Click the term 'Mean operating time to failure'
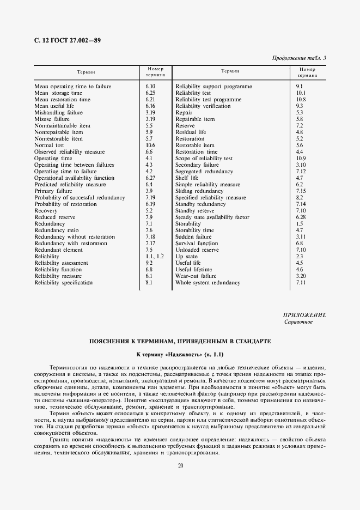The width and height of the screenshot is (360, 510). click(72, 87)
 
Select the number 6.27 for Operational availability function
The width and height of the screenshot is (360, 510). click(151, 178)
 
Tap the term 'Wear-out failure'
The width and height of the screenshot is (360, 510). click(196, 276)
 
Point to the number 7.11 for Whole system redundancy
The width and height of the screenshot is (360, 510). click(300, 283)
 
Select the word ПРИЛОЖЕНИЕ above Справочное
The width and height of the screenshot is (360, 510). click(304, 315)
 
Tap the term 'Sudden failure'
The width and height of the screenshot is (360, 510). click(193, 237)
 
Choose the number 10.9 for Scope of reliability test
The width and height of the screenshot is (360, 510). click(300, 159)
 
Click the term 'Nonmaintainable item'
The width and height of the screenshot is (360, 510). click(62, 126)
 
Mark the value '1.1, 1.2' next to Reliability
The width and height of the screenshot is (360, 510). click(155, 257)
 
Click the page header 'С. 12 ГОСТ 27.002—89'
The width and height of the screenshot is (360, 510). click(68, 40)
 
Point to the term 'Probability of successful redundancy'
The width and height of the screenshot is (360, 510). click(80, 198)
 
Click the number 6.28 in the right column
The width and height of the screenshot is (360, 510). click(300, 217)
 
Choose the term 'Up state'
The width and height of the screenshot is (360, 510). click(186, 257)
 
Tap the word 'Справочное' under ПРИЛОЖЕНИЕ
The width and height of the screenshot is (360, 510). click(299, 321)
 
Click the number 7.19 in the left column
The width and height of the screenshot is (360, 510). click(151, 198)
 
